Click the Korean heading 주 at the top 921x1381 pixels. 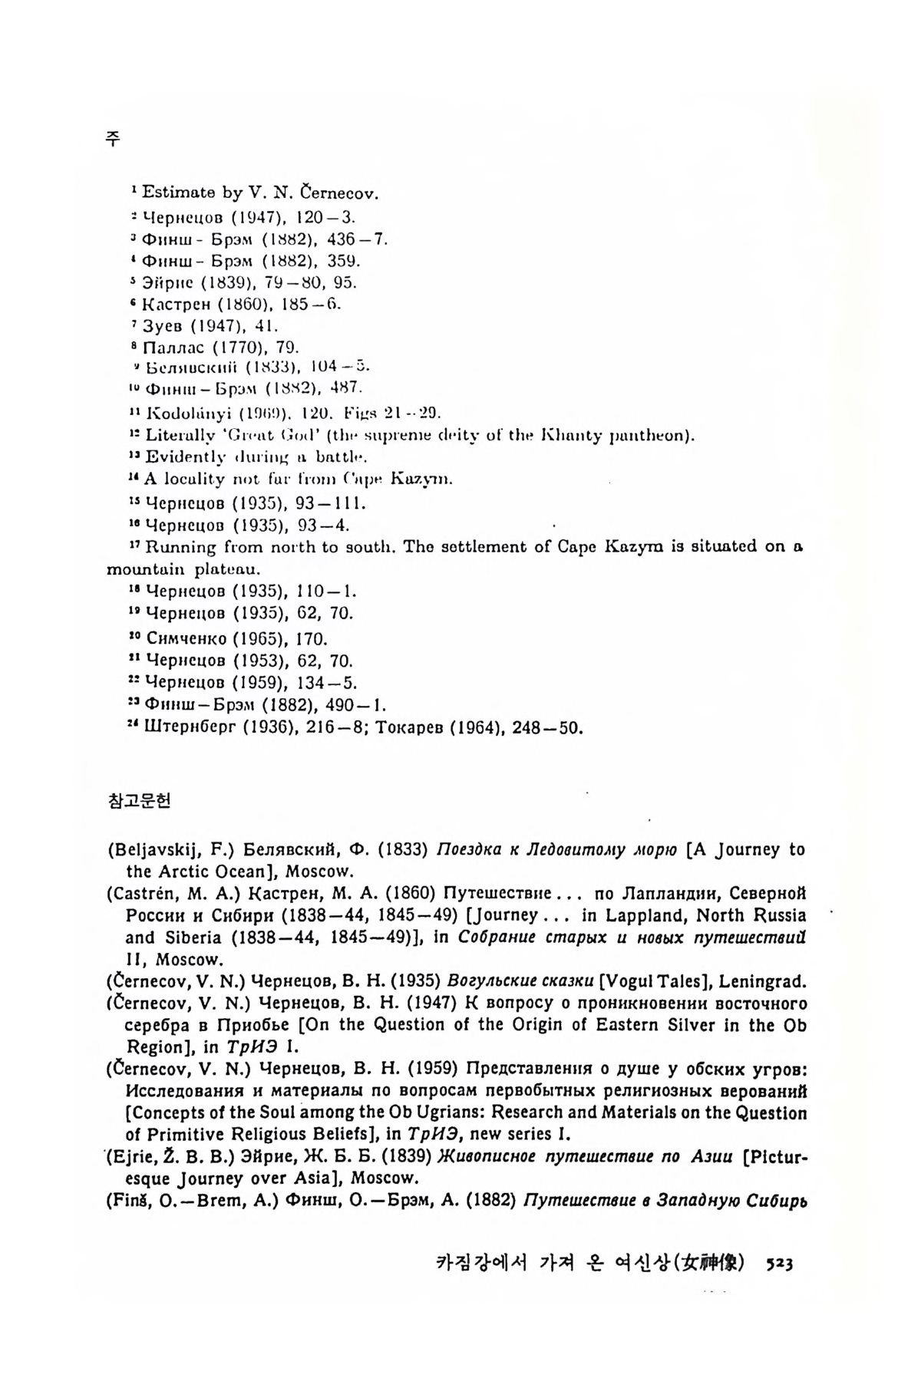(113, 139)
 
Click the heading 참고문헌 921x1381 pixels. (139, 801)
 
